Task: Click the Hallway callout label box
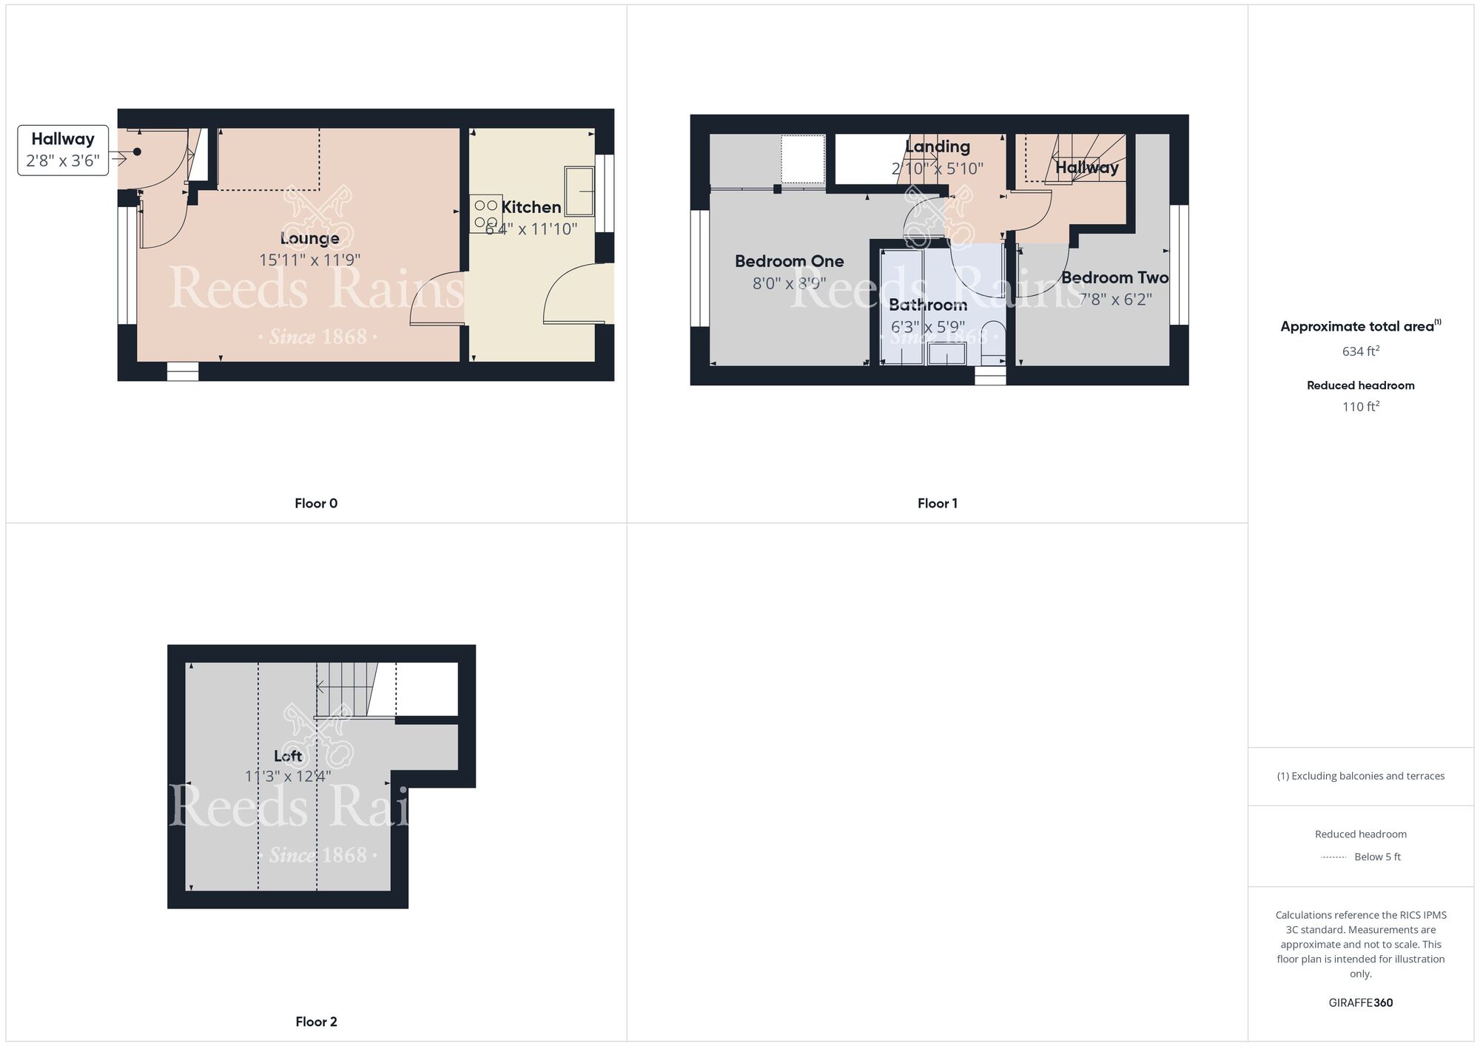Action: pyautogui.click(x=63, y=150)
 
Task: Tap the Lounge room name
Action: pyautogui.click(x=309, y=238)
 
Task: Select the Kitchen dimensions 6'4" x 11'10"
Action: pyautogui.click(x=531, y=229)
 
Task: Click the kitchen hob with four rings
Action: pyautogui.click(x=485, y=214)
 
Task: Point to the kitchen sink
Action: pyautogui.click(x=579, y=191)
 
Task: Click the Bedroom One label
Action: pyautogui.click(x=789, y=261)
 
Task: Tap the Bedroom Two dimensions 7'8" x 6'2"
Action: pyautogui.click(x=1114, y=300)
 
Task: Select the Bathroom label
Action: pyautogui.click(x=927, y=305)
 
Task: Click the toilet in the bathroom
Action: pyautogui.click(x=992, y=342)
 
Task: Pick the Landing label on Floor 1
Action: pyautogui.click(x=937, y=146)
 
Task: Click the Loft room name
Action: pyautogui.click(x=288, y=755)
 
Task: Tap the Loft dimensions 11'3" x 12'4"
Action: pyautogui.click(x=288, y=777)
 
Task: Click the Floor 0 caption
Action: pyautogui.click(x=316, y=504)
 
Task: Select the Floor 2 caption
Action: pyautogui.click(x=316, y=1022)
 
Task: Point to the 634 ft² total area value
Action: pyautogui.click(x=1360, y=351)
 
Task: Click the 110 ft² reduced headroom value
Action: pyautogui.click(x=1360, y=406)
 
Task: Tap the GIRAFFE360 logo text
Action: pyautogui.click(x=1360, y=1003)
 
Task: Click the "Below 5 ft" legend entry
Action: pyautogui.click(x=1376, y=857)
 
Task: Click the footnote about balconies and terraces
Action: pyautogui.click(x=1360, y=776)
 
